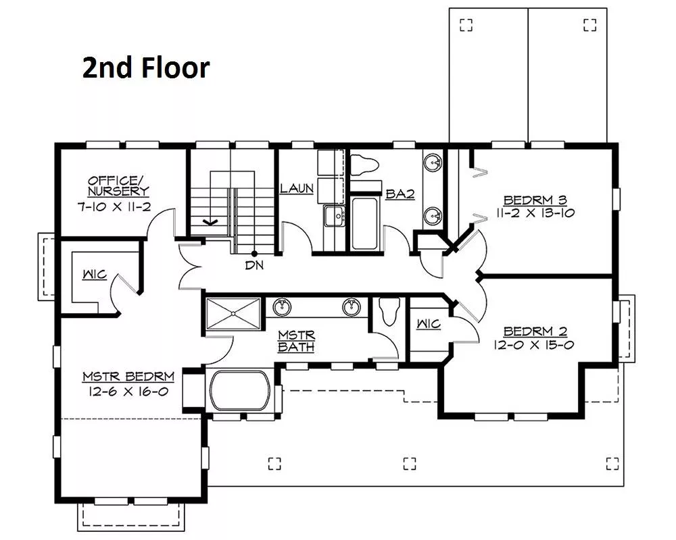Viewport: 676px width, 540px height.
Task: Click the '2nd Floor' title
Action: click(x=146, y=68)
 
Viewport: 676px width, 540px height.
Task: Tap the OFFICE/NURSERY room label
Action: click(x=118, y=186)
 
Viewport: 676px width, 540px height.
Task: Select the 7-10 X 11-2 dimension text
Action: click(x=114, y=207)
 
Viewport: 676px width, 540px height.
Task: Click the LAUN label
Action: click(x=297, y=188)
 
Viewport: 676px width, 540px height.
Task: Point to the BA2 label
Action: click(x=400, y=194)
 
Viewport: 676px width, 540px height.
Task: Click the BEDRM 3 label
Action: click(x=535, y=200)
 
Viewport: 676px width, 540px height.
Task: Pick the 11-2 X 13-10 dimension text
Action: click(x=535, y=213)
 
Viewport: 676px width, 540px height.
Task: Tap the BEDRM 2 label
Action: click(x=535, y=331)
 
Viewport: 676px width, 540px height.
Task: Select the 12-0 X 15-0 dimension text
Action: click(x=534, y=344)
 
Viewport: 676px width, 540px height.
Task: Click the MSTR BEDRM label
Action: click(x=128, y=377)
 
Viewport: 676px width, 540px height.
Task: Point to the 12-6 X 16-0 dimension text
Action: click(x=128, y=391)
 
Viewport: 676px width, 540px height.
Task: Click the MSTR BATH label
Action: click(x=297, y=341)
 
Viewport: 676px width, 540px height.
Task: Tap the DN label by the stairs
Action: click(x=254, y=265)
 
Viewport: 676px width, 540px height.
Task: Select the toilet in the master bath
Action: click(x=389, y=311)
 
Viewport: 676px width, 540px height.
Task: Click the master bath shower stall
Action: click(x=233, y=314)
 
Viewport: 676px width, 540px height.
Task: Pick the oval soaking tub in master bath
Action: click(x=240, y=391)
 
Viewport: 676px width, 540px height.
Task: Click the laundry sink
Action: click(x=335, y=215)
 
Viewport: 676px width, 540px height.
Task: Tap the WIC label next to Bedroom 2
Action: click(x=429, y=324)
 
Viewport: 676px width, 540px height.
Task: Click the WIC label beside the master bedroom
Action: click(x=95, y=274)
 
